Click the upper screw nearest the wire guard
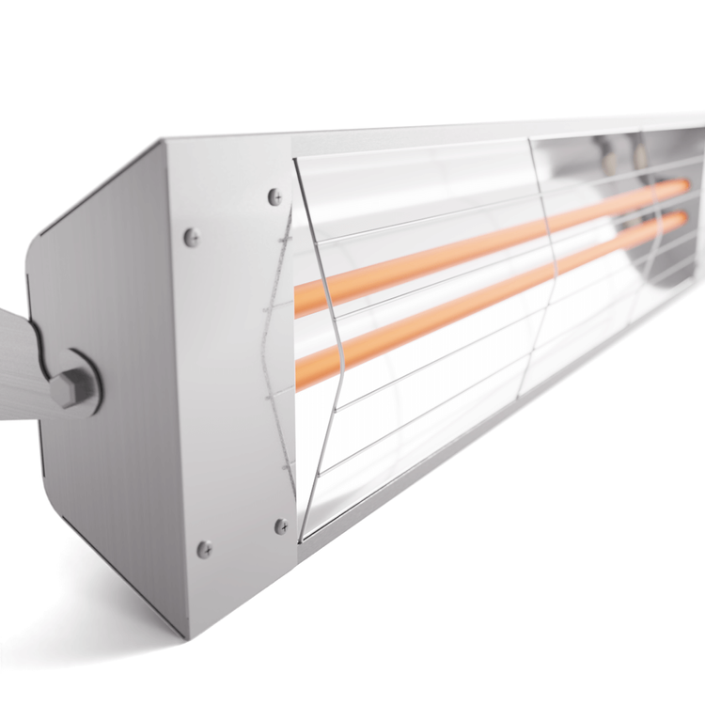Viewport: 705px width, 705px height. pyautogui.click(x=274, y=196)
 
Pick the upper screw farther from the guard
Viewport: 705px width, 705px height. pyautogui.click(x=192, y=237)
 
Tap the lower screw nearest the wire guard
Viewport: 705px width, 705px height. pyautogui.click(x=281, y=526)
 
